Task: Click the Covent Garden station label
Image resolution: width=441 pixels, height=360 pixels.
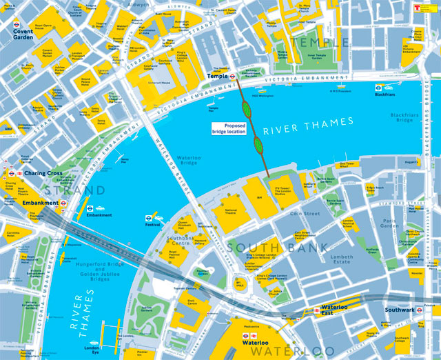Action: click(23, 34)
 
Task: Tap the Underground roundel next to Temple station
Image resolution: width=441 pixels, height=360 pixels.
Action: click(233, 77)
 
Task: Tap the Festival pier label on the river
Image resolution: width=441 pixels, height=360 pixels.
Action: click(153, 225)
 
